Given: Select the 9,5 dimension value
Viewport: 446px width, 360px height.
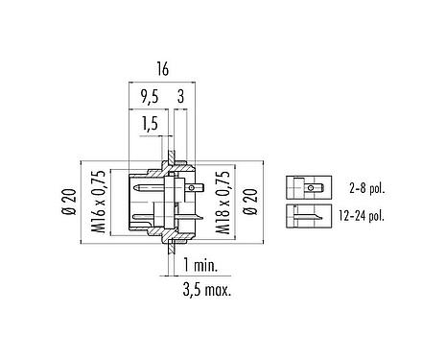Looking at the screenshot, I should point(150,97).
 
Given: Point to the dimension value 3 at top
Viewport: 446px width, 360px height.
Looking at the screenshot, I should point(180,97).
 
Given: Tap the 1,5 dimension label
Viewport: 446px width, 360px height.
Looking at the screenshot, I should point(149,124).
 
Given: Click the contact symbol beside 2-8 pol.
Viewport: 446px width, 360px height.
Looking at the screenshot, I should point(307,184).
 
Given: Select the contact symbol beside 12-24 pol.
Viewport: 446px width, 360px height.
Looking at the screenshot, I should point(307,215).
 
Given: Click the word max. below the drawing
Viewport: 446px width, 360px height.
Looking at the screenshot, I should point(219,288).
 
